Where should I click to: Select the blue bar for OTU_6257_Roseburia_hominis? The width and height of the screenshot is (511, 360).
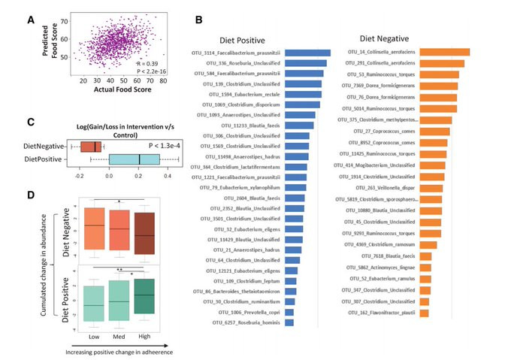pyautogui.click(x=289, y=322)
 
